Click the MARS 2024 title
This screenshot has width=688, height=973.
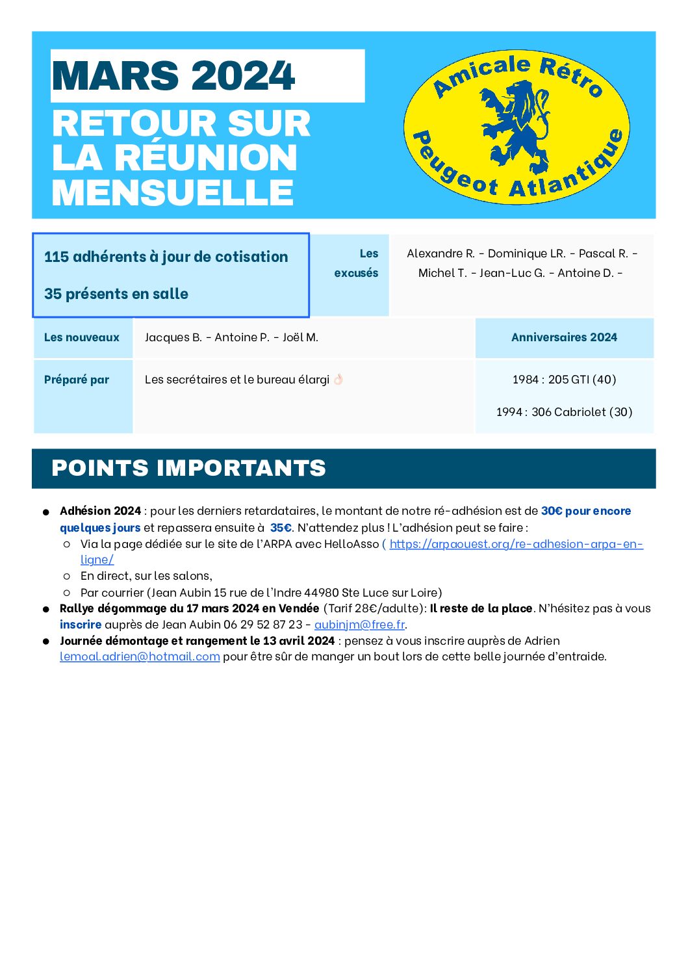(x=173, y=76)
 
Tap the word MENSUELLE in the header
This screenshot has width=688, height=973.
(x=173, y=193)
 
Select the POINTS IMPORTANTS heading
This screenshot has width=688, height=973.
(x=188, y=468)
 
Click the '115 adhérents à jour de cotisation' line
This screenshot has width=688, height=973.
(x=166, y=257)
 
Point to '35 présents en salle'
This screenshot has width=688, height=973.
(x=116, y=294)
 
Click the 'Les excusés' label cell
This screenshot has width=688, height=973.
(x=357, y=263)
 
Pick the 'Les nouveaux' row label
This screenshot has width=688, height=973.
(x=82, y=337)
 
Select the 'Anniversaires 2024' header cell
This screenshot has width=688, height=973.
(x=564, y=337)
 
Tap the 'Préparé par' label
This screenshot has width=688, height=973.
(x=77, y=380)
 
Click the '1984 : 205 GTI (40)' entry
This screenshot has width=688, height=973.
(x=564, y=380)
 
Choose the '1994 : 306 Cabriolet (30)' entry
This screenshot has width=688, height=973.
(x=564, y=412)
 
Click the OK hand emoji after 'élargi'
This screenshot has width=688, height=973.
(x=338, y=379)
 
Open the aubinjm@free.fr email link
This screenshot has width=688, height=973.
(x=359, y=625)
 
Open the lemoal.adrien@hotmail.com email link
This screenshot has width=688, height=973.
(x=140, y=656)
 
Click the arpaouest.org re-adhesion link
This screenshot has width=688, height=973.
(x=516, y=545)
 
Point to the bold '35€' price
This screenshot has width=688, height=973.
(x=281, y=528)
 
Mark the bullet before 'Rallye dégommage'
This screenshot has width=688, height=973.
(x=46, y=610)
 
